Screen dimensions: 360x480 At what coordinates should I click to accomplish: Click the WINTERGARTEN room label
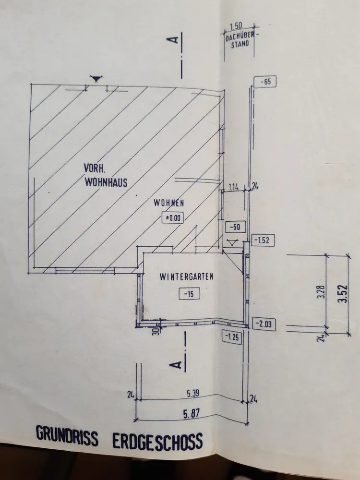coord(186,277)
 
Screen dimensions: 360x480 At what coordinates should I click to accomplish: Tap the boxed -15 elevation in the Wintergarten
coord(189,294)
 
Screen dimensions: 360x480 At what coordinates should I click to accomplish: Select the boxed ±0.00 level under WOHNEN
coord(173,218)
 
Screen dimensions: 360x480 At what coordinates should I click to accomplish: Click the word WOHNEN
coord(168,203)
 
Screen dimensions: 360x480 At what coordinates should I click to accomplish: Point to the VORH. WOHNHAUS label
coord(106,175)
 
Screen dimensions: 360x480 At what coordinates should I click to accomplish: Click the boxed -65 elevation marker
coord(265,82)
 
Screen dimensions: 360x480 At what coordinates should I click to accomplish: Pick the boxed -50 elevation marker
coord(235,227)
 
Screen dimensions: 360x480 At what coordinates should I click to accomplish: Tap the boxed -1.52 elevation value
coord(263,240)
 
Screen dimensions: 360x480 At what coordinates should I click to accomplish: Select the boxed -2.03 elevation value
coord(264,324)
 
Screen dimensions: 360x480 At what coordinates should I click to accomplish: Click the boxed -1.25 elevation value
coord(232,337)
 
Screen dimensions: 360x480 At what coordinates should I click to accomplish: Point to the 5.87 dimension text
coord(192,414)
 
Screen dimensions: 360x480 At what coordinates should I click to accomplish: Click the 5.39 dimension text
coord(193,394)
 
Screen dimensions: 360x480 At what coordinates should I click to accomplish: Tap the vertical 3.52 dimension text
coord(343,294)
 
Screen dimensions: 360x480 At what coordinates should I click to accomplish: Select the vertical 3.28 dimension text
coord(322,293)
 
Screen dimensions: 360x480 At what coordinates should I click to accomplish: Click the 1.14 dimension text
coord(234,187)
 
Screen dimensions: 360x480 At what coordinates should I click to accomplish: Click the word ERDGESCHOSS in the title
coord(157,442)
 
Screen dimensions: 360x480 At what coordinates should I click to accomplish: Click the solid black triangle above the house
coord(96,79)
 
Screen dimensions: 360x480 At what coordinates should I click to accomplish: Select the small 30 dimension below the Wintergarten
coord(156,331)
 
